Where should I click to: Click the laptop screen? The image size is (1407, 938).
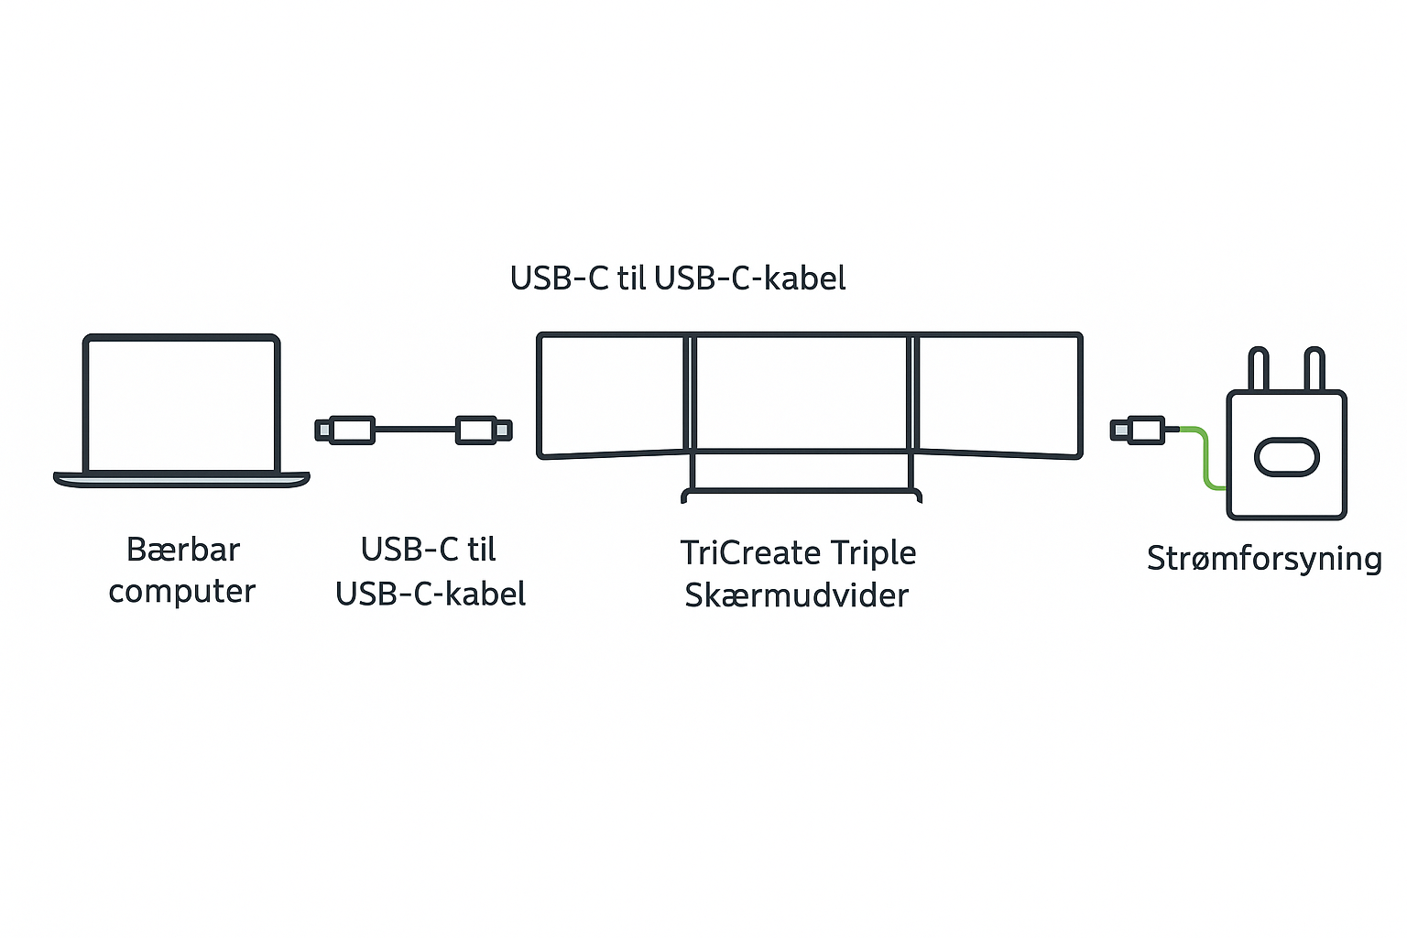[181, 404]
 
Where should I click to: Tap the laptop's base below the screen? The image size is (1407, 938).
[181, 479]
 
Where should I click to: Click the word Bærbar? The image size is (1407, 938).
[183, 550]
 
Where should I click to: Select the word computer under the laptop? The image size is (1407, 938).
[181, 592]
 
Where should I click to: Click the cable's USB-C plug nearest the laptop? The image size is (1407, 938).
[345, 430]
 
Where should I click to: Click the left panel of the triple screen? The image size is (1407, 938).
[611, 395]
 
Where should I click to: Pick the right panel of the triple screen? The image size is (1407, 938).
[998, 395]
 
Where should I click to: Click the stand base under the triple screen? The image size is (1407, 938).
[802, 495]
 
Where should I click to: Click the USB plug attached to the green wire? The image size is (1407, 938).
[1138, 429]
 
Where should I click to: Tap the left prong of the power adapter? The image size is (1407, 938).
[1259, 370]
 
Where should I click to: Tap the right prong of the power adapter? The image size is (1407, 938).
[1314, 370]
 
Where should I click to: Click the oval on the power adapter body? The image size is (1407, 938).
[1286, 457]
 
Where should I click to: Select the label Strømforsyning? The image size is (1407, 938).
[1264, 559]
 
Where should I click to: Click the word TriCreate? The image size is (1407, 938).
[749, 553]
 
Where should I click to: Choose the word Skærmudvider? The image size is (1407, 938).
[797, 595]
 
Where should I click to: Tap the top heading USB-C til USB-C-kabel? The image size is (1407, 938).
[678, 278]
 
